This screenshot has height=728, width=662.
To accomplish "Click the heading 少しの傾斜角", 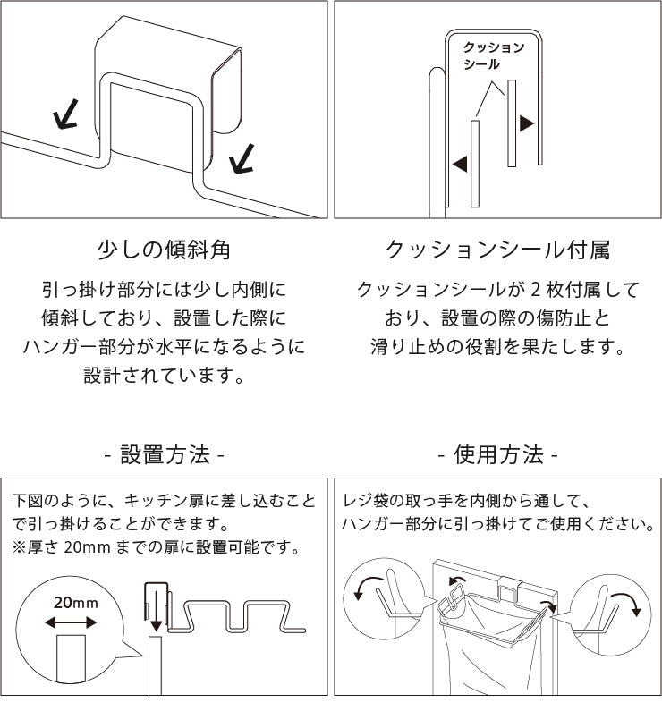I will pos(164,250).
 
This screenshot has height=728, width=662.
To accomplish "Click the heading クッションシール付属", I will pos(497,250).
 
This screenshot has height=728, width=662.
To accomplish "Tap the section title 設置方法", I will pos(165,454).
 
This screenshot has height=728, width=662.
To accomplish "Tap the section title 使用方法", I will pos(498,454).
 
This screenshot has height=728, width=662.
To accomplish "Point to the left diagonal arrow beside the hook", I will pos(64,114).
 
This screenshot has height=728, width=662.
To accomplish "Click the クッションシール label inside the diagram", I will pos(493,55).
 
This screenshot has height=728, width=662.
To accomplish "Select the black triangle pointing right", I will pos(527,123).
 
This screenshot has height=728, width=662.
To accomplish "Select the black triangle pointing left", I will pos(460,164).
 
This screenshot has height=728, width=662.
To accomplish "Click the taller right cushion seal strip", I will pos(512,123).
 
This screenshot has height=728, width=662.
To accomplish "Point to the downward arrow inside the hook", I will pos(154,611).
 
